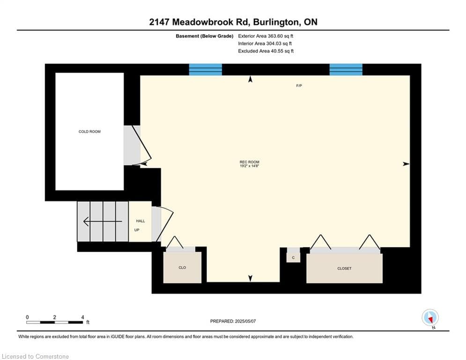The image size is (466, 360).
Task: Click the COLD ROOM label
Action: click(x=89, y=132)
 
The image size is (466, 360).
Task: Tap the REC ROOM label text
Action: click(x=249, y=162)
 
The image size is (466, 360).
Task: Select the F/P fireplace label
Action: click(x=299, y=86)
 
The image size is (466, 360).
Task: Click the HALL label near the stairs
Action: click(x=141, y=221)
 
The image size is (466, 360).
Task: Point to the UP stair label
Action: click(x=137, y=230)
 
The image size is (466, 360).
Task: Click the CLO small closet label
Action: click(x=182, y=268)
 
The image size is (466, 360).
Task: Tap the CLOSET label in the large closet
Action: click(x=344, y=269)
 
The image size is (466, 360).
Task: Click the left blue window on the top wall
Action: click(x=205, y=70)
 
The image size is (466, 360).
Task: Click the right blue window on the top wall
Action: click(x=346, y=70)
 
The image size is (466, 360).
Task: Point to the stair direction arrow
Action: click(x=103, y=221)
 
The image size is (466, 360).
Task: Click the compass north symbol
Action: click(x=430, y=318)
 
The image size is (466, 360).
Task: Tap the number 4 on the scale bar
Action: click(x=82, y=317)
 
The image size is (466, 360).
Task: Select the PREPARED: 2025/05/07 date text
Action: click(x=233, y=321)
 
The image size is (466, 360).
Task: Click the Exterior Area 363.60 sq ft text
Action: click(x=266, y=36)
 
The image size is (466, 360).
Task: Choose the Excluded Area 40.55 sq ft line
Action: click(x=266, y=51)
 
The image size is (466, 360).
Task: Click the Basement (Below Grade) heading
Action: click(x=205, y=36)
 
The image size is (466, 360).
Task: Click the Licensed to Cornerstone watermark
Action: click(x=35, y=356)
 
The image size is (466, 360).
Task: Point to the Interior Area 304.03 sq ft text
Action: click(x=265, y=44)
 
